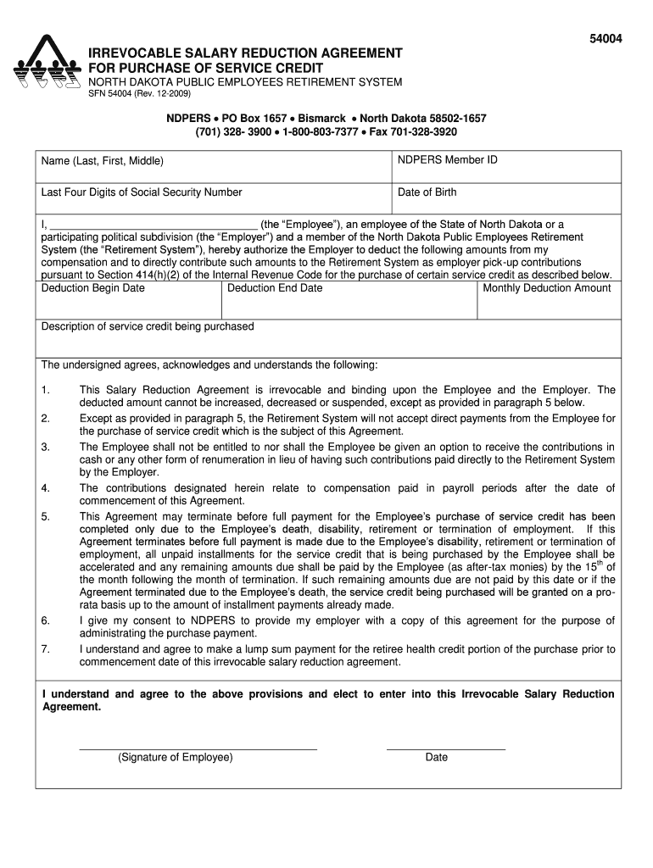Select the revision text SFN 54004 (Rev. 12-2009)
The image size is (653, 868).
coord(141,94)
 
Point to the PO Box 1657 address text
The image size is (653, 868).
coord(254,119)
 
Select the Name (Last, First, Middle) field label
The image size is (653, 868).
coord(103,161)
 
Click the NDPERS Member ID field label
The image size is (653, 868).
coord(448,160)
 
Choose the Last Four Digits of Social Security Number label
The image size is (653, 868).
coord(142,192)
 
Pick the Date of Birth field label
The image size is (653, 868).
coord(427,192)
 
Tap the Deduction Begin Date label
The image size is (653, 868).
coord(93,288)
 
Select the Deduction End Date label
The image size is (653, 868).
coord(275,288)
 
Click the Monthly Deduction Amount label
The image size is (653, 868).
coord(547,288)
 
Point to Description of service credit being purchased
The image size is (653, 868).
coord(148,326)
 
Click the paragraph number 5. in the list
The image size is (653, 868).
coord(46,516)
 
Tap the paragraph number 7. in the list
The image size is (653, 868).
coord(46,649)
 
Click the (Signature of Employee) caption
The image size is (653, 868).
coord(176,757)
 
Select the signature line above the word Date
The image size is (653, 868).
coord(445,749)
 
